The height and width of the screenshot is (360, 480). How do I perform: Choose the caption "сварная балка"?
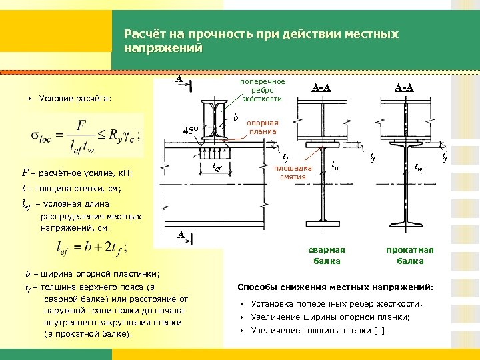327,255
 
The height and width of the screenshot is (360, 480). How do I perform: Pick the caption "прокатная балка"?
409,255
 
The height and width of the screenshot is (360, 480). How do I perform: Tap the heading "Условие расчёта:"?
75,99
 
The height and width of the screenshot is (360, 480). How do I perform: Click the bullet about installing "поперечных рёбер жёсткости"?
334,304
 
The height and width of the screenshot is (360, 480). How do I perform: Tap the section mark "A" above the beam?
179,79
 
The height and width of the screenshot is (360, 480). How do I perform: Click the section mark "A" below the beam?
179,235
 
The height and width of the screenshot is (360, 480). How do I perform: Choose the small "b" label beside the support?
237,117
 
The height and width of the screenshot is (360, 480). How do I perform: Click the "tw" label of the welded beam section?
336,165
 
